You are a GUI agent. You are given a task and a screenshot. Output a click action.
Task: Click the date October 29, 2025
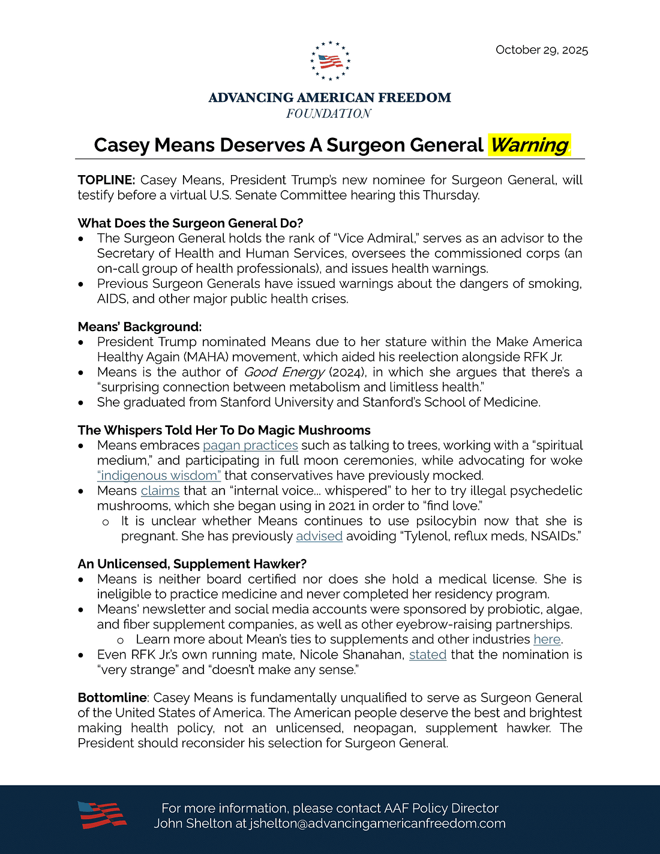[x=541, y=50]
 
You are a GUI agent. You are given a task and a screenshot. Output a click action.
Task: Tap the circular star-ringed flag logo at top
[x=330, y=61]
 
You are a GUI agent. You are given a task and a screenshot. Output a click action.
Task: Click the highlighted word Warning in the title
[x=529, y=145]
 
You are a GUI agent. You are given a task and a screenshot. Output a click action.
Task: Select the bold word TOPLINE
[x=106, y=180]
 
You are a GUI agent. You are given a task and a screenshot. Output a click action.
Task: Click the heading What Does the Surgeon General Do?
[x=190, y=223]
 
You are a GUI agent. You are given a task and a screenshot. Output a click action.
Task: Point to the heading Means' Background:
[x=140, y=327]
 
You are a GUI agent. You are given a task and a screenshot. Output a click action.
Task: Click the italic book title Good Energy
[x=284, y=372]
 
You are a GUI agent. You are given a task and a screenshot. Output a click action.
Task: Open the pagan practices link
[x=250, y=446]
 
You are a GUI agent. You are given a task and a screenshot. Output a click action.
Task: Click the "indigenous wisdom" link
[x=159, y=476]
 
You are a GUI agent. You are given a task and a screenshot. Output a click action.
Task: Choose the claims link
[x=160, y=491]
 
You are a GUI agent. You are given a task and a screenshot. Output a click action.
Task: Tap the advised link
[x=319, y=536]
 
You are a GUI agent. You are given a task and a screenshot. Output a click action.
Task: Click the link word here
[x=547, y=639]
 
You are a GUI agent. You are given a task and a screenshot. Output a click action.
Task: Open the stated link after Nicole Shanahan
[x=428, y=654]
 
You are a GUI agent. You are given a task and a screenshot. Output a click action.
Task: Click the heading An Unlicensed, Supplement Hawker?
[x=192, y=564]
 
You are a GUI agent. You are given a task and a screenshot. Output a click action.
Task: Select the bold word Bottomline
[x=112, y=697]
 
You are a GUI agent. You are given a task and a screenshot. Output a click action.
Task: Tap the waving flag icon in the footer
[x=102, y=815]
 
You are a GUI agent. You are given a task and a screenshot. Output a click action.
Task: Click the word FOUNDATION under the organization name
[x=329, y=114]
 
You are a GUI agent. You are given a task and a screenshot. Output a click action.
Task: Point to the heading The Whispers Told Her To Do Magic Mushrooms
[x=224, y=430]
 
